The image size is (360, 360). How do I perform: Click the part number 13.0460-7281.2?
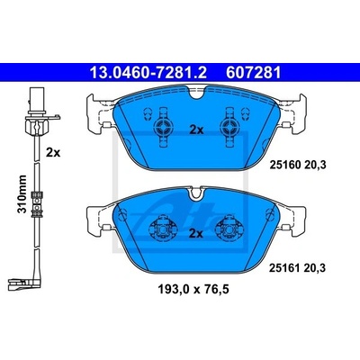[148, 72]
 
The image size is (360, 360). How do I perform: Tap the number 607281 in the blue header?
[254, 72]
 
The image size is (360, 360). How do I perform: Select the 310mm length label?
[22, 193]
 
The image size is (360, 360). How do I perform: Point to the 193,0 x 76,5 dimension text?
[193, 289]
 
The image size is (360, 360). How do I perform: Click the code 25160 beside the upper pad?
[285, 165]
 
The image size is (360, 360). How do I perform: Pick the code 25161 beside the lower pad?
[284, 267]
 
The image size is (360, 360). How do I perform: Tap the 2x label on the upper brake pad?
[196, 130]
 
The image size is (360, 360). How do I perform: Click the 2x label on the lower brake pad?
[196, 233]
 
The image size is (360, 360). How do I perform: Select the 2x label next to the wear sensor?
[53, 153]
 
